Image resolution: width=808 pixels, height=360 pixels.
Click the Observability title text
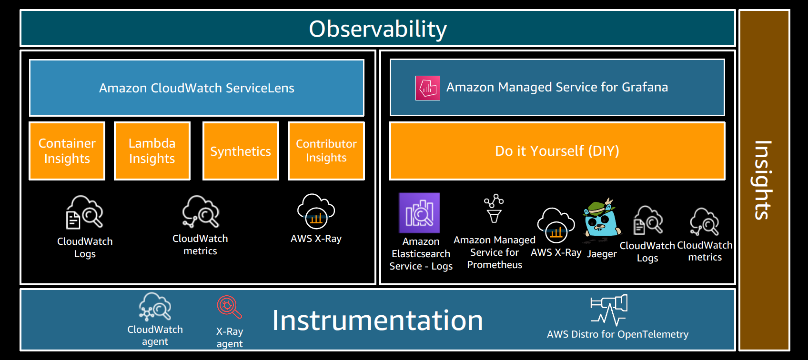tap(378, 29)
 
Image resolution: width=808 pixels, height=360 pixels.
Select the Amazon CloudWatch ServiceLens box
tap(197, 88)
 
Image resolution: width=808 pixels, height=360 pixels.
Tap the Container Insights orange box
tap(67, 151)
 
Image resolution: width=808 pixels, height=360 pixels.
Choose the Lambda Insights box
tap(152, 151)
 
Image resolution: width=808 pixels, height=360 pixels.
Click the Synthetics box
tap(241, 151)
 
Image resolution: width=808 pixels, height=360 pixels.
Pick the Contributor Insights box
tap(326, 151)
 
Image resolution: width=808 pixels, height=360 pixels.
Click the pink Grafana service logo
tap(427, 88)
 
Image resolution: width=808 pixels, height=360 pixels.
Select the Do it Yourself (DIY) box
tap(557, 151)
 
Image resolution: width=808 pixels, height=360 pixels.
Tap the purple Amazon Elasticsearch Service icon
tap(419, 213)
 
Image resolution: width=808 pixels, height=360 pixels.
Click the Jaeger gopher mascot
tap(602, 220)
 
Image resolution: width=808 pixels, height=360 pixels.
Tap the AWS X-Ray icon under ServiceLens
tap(316, 212)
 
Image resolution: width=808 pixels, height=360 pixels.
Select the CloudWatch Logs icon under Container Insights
tap(85, 212)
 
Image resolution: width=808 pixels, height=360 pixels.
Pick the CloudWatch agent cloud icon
tap(155, 307)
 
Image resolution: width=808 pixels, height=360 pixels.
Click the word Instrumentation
tap(377, 320)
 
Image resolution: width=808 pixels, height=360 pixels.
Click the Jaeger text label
tap(602, 254)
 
